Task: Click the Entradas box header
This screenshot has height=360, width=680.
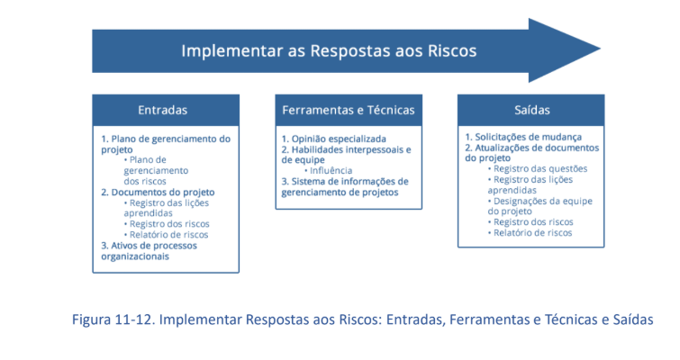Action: click(x=166, y=110)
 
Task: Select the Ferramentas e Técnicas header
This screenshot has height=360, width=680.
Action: click(x=349, y=110)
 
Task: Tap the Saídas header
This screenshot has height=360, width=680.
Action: click(x=531, y=110)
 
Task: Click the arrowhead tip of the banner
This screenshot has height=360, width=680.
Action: click(x=600, y=49)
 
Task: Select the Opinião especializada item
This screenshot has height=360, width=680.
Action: click(x=333, y=139)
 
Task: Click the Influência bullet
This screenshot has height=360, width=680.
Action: click(x=328, y=171)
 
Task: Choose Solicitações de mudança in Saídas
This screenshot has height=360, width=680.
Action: click(x=523, y=137)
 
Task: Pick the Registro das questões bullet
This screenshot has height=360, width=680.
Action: click(x=538, y=168)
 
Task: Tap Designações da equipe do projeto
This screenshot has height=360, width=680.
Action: click(x=539, y=206)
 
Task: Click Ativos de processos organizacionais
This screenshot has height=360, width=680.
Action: click(x=149, y=251)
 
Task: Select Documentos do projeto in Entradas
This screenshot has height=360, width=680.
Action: click(x=158, y=192)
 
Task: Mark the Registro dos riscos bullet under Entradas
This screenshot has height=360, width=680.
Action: click(x=167, y=224)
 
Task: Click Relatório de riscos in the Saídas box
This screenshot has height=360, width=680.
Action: click(x=530, y=232)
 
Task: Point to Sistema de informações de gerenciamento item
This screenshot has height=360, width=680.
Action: click(x=345, y=186)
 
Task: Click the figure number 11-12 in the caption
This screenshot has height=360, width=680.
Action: click(x=134, y=319)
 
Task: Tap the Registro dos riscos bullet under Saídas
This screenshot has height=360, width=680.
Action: click(x=530, y=221)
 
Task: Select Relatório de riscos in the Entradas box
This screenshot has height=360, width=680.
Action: click(x=166, y=235)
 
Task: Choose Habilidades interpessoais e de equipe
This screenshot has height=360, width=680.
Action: click(x=346, y=155)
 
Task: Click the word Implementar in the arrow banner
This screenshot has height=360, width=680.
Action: click(x=231, y=51)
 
